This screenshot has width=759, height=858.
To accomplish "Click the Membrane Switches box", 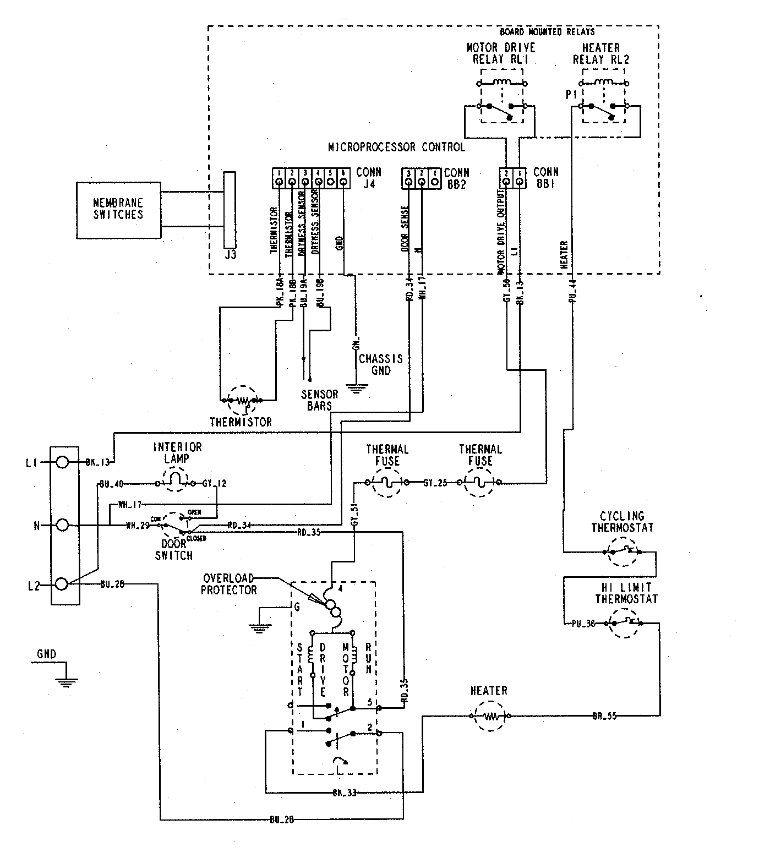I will [118, 210].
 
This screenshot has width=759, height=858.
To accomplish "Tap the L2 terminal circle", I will [63, 584].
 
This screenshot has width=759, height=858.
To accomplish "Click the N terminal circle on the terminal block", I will [63, 525].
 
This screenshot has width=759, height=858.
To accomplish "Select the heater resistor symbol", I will [490, 716].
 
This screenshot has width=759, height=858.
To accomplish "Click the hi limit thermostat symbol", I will [623, 623].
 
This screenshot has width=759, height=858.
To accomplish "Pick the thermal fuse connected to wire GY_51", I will [387, 483].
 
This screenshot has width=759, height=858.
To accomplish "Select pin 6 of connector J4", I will [343, 181].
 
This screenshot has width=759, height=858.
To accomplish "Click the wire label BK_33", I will [344, 793].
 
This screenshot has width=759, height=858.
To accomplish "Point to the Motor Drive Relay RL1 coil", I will [503, 83].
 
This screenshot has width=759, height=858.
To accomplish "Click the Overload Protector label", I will [229, 584].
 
